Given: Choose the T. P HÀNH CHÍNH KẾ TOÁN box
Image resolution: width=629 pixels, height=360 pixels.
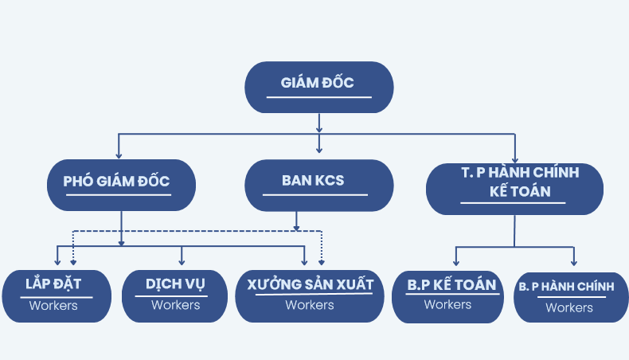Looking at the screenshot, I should [514, 188].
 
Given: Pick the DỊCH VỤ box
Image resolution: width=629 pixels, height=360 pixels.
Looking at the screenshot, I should [175, 295].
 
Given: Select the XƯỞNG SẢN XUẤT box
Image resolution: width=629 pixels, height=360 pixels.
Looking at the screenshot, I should [310, 295].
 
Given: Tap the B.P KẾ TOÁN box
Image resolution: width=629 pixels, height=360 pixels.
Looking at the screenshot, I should [448, 295].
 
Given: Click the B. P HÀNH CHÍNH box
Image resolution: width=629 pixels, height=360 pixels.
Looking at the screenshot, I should [570, 297].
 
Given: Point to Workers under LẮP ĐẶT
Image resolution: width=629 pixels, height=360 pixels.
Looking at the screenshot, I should [53, 305].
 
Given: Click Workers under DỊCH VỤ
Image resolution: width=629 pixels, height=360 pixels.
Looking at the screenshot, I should [175, 305].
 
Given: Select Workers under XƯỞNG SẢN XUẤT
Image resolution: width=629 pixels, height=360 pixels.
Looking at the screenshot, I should [310, 305].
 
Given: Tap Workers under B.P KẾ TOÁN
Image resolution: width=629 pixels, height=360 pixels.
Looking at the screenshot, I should [448, 304].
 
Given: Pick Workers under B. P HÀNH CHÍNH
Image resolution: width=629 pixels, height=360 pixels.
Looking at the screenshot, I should [569, 307].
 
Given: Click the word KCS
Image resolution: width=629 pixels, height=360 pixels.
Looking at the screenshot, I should [330, 181].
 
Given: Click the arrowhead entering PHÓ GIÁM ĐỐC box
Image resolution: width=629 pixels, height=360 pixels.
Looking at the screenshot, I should [119, 155].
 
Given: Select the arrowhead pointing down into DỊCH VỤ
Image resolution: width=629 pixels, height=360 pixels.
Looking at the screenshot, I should [182, 261].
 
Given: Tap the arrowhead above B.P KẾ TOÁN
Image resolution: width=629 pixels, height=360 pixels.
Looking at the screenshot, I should [455, 263].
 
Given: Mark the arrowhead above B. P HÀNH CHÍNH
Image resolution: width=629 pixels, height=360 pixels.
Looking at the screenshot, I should [573, 263].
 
